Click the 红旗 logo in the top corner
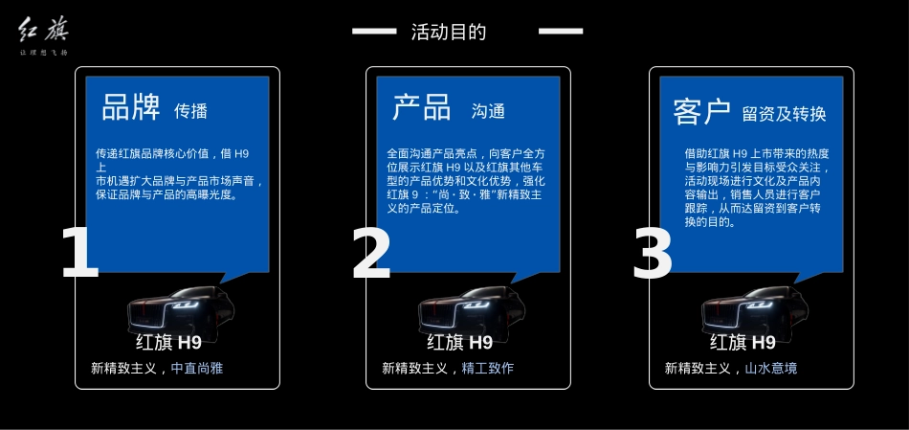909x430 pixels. coord(43,35)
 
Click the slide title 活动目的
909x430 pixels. coord(449,32)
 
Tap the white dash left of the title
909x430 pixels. coord(374,32)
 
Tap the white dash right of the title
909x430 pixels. coord(561,32)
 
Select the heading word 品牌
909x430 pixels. coord(131,107)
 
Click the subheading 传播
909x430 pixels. coord(190,111)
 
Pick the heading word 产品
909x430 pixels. coord(421,107)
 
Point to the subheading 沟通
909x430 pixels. coord(488,111)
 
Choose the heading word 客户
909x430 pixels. coord(701,111)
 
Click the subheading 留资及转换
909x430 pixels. coord(784,114)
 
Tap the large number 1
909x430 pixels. coord(79,253)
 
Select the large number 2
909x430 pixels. coord(371,253)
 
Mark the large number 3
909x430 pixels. coord(653,253)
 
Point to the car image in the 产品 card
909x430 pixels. coord(471,308)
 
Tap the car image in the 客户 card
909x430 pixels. coord(754,308)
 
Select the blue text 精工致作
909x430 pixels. coord(487,368)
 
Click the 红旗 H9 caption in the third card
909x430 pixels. coord(743,342)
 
